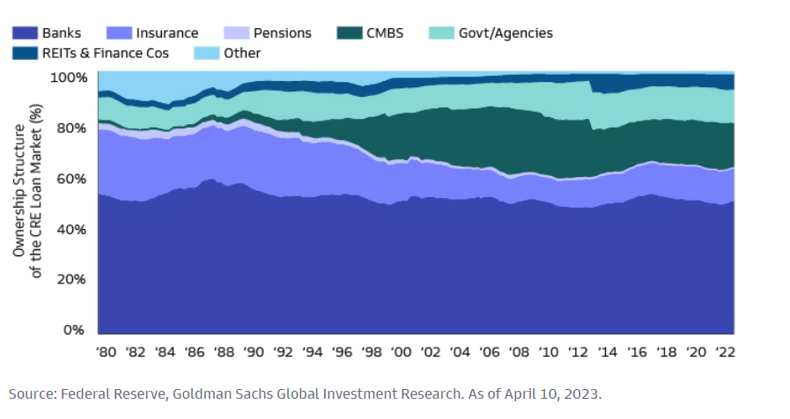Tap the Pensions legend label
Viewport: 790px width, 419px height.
[x=282, y=33]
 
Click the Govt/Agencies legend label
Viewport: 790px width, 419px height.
[x=506, y=33]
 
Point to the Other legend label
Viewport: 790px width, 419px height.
[x=242, y=53]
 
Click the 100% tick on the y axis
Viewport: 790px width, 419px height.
[x=68, y=77]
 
